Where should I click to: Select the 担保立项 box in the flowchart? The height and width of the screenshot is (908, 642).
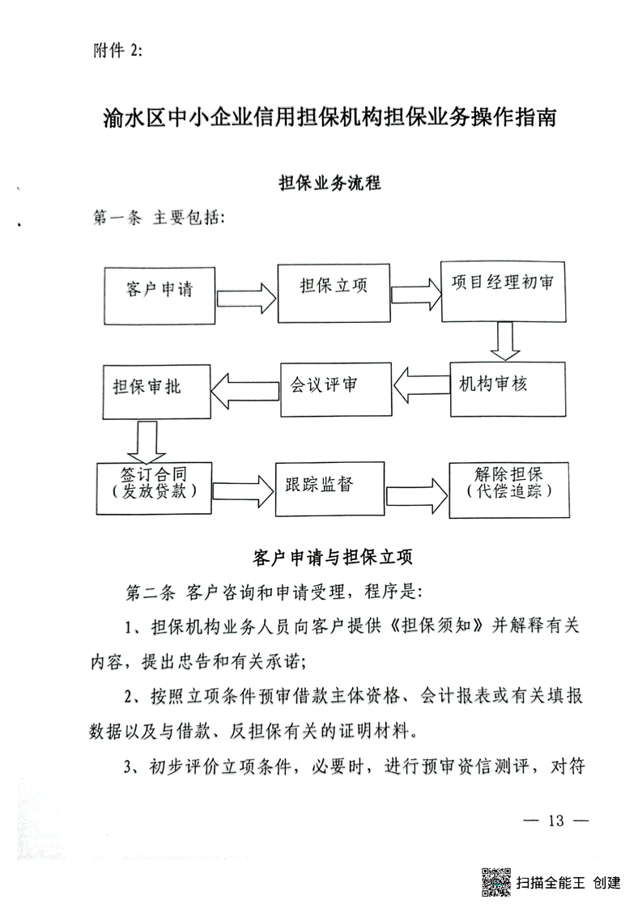334,290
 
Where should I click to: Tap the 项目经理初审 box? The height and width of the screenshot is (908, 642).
503,291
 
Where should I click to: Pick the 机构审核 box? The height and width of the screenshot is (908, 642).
504,387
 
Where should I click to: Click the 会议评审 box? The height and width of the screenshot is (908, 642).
334,388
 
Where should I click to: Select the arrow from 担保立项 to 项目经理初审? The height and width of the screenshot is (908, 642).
412,291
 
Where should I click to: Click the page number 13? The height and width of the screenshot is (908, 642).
555,820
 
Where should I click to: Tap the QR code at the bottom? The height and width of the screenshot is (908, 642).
495,882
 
